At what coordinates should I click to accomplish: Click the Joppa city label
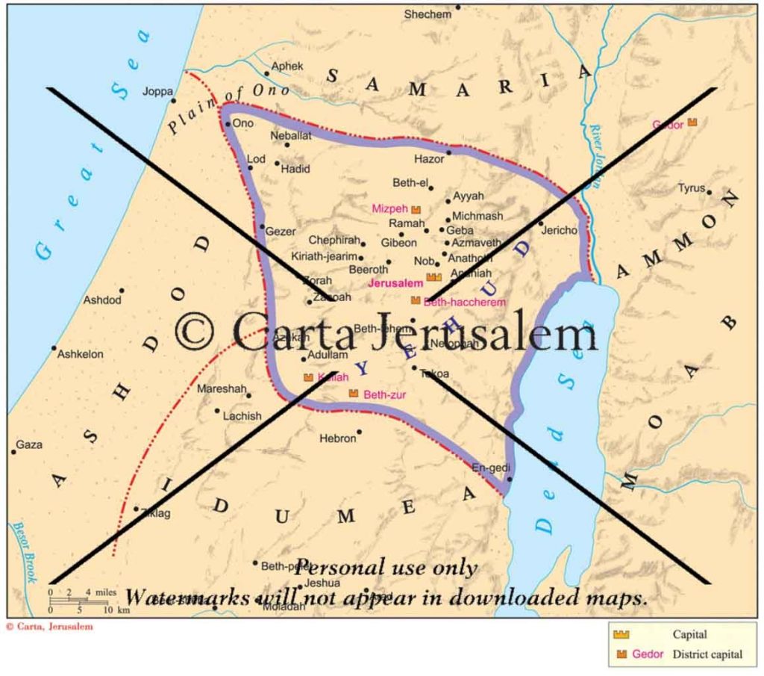pos(157,92)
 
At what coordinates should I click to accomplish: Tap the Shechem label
pos(428,14)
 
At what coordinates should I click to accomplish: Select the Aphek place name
pos(287,66)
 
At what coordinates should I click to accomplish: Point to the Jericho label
pos(560,230)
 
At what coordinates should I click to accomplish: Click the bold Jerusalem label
pos(395,283)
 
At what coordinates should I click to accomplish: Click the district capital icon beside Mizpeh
pos(416,210)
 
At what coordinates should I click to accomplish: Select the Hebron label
pos(337,438)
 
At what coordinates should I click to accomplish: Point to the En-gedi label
pos(489,468)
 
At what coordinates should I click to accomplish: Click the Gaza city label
pos(29,444)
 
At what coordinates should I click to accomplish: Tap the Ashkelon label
pos(81,354)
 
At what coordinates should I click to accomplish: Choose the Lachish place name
pos(242,416)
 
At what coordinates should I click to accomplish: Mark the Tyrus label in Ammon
pos(691,188)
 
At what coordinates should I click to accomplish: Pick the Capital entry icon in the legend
pos(621,634)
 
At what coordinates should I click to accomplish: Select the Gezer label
pos(281,232)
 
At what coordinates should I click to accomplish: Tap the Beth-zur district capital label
pos(384,394)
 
